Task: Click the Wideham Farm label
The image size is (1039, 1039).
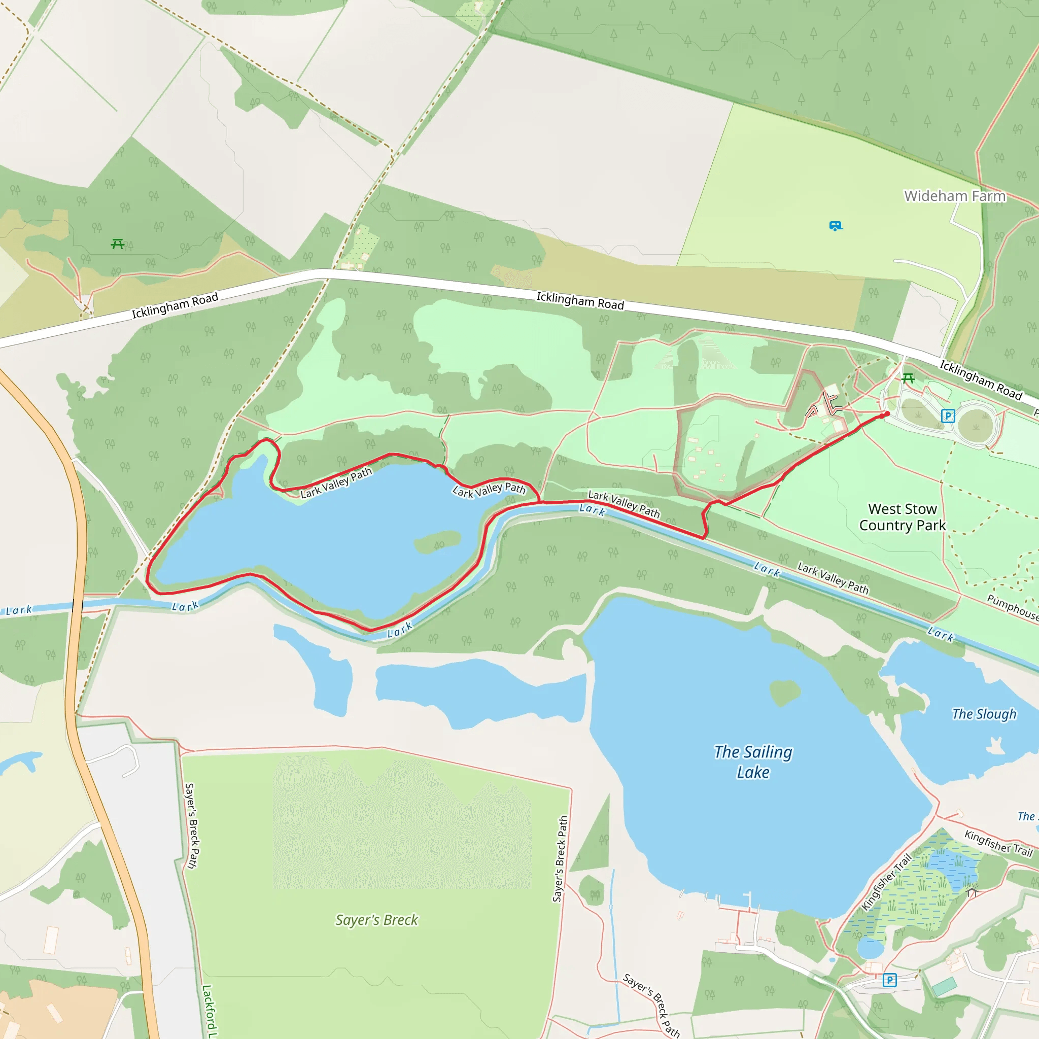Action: (x=955, y=196)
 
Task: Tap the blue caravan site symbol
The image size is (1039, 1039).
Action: (x=835, y=226)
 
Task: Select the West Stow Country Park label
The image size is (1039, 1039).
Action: (x=903, y=517)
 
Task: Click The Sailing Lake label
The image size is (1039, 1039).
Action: (x=753, y=762)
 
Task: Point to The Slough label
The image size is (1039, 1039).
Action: (x=984, y=714)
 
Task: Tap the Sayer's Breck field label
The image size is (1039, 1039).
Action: (x=376, y=920)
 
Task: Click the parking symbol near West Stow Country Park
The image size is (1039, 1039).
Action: (x=948, y=415)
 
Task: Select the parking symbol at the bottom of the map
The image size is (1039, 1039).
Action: (x=889, y=980)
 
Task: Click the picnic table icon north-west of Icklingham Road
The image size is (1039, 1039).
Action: (x=118, y=244)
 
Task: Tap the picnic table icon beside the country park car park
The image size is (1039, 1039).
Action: (x=908, y=378)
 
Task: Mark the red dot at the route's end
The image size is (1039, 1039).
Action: (x=887, y=413)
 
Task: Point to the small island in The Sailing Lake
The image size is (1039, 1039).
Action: (x=785, y=691)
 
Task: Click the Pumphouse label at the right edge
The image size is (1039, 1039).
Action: (x=1012, y=607)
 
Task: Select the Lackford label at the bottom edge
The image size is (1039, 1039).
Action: (x=208, y=1011)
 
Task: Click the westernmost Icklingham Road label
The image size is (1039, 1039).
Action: (x=175, y=305)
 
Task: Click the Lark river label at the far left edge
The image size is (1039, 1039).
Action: (x=19, y=610)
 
